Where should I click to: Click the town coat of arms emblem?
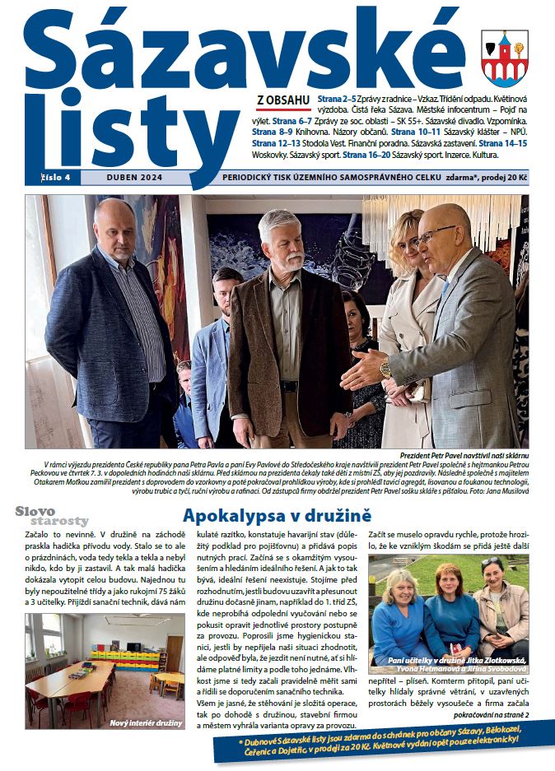point(504,57)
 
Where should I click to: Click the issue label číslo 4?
point(57,176)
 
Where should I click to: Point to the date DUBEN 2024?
point(129,176)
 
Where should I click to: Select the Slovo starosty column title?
point(52,516)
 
